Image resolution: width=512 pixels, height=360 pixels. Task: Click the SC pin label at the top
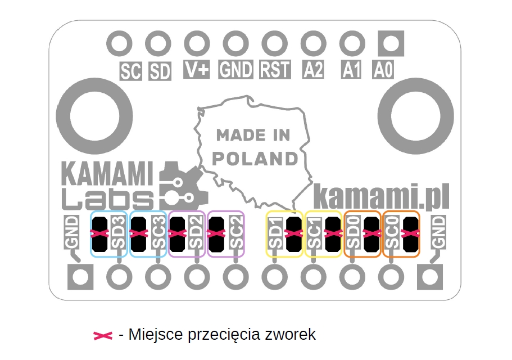131,71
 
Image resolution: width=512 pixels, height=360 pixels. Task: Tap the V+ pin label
197,70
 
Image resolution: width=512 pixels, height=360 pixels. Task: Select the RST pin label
275,70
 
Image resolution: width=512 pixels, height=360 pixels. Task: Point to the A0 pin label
384,70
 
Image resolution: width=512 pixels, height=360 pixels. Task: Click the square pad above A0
392,43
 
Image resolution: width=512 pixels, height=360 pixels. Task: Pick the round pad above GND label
235,43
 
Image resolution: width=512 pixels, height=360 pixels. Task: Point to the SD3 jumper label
118,233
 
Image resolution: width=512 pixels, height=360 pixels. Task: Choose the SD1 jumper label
275,233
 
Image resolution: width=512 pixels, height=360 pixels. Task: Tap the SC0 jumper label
392,233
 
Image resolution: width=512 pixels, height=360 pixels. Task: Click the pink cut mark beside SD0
371,233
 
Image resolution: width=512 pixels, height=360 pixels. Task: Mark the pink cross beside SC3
138,233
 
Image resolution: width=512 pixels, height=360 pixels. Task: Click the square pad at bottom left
79,277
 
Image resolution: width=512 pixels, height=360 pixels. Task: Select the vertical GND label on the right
438,232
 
